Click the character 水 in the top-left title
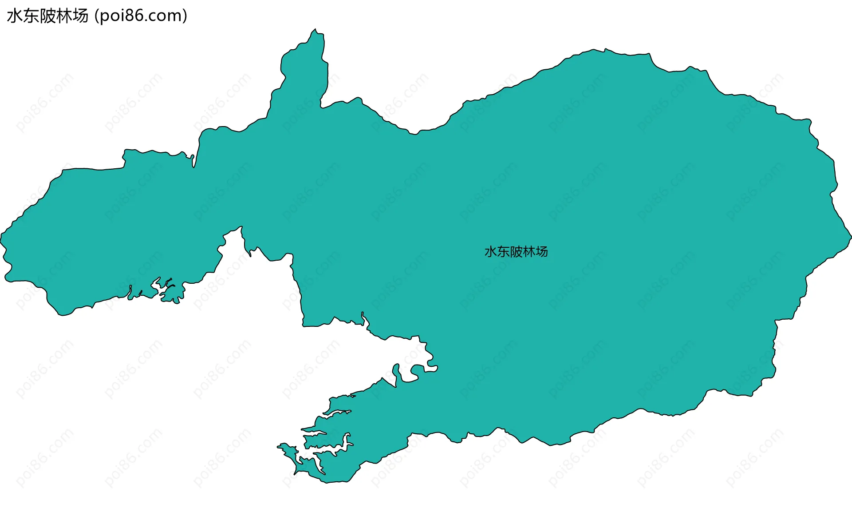click(x=14, y=16)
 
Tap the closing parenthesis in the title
click(x=185, y=16)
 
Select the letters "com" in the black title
click(x=166, y=16)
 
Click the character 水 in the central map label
click(x=490, y=252)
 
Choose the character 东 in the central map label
click(x=503, y=252)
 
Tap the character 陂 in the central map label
click(x=516, y=252)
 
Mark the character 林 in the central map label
click(x=529, y=252)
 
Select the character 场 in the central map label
click(x=542, y=252)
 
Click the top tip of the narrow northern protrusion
click(x=316, y=30)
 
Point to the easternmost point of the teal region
click(x=851, y=238)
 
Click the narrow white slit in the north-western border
click(x=193, y=160)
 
